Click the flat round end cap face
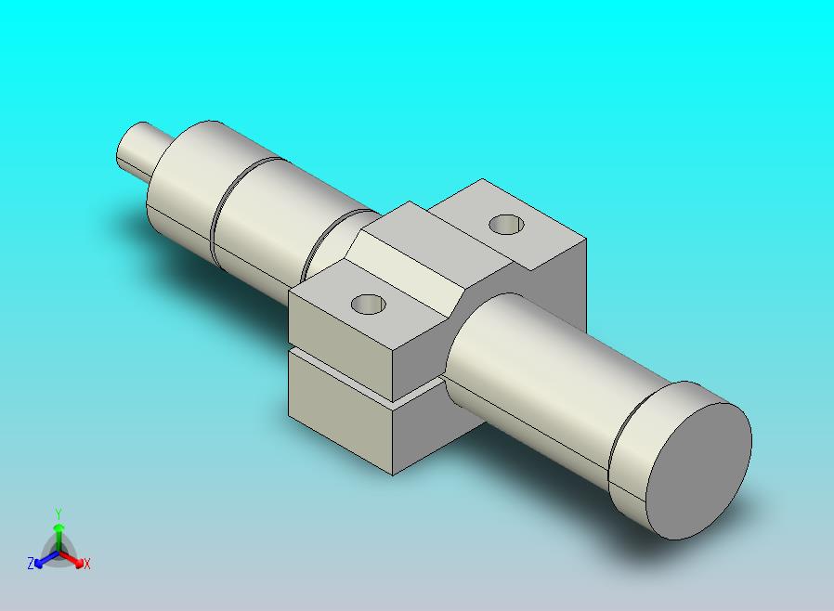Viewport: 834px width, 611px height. point(698,471)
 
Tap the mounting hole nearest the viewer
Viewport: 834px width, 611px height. point(369,305)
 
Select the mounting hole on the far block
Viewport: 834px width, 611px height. point(506,224)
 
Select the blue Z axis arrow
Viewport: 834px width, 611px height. point(46,559)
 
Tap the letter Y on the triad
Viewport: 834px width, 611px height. point(59,513)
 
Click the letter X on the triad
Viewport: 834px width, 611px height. point(87,564)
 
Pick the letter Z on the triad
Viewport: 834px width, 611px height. point(31,563)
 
